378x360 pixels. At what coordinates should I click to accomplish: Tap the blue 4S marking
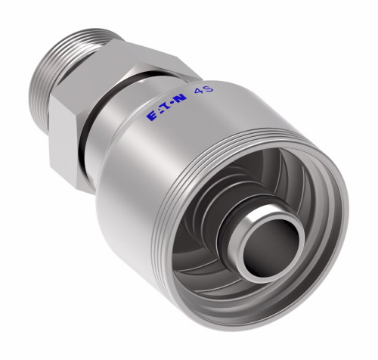coord(203,89)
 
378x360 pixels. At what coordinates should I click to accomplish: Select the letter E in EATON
coord(152,116)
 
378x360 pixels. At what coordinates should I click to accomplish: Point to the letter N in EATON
coord(181,98)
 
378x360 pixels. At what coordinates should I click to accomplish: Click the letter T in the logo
coord(166,107)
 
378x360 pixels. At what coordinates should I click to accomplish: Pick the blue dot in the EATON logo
coord(172,104)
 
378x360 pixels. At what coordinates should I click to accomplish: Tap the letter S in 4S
coord(209,88)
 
